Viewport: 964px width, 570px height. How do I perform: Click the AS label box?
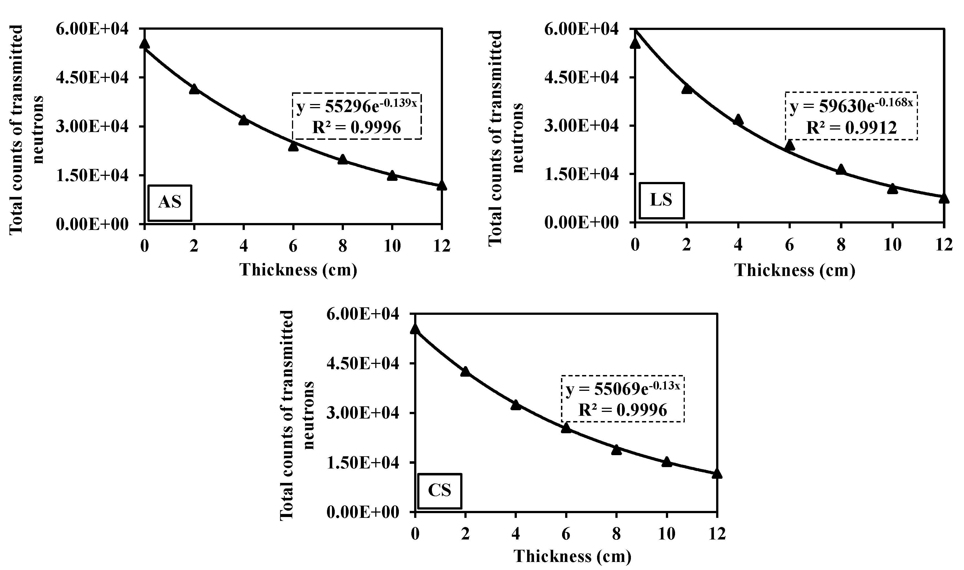click(170, 203)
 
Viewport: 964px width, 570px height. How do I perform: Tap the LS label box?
click(661, 200)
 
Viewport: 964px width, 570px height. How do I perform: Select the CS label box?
click(439, 490)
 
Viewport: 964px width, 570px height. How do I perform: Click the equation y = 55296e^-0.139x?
click(356, 107)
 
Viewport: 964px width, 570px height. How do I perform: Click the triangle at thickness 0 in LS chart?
click(635, 43)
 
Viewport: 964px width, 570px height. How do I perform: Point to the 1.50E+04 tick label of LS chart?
click(582, 174)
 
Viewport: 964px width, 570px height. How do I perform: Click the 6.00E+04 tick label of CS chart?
click(363, 314)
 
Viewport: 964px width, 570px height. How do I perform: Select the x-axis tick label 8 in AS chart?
click(343, 246)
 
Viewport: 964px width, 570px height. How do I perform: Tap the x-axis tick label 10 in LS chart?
click(892, 245)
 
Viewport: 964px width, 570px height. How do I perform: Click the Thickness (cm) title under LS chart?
click(795, 270)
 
